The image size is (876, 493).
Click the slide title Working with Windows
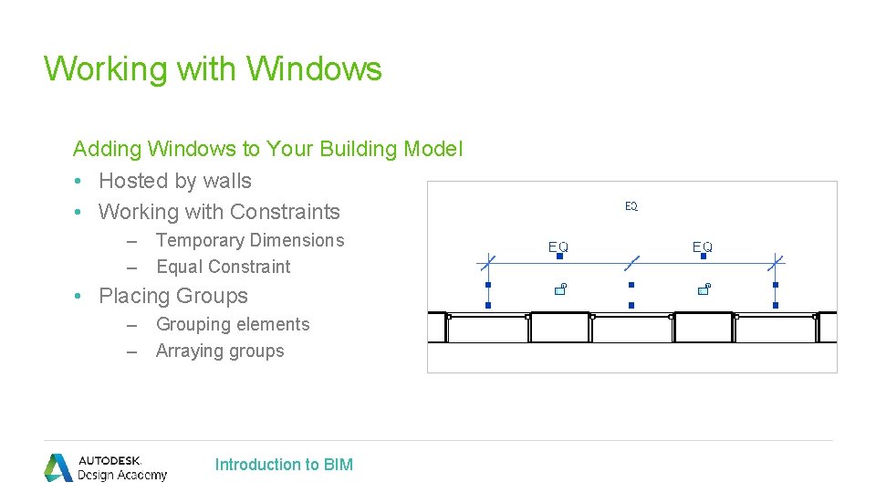[213, 69]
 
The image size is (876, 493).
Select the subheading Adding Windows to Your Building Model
[268, 149]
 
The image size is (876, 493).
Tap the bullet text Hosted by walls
[175, 181]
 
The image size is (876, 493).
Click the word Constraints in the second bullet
[285, 212]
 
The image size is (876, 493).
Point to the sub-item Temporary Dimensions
[250, 240]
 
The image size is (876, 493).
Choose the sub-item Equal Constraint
[224, 267]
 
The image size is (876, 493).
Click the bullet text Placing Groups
[173, 296]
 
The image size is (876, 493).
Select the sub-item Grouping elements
[233, 324]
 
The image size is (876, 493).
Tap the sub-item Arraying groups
[220, 351]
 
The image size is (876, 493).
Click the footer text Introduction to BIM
[284, 465]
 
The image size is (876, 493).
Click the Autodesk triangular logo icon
[58, 467]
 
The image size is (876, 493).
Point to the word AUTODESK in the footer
[109, 460]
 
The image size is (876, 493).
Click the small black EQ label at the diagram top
[631, 206]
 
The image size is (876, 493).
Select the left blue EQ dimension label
[558, 246]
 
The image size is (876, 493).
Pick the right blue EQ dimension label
[703, 246]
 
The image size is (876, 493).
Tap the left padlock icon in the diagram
[560, 289]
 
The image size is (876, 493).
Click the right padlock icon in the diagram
[704, 289]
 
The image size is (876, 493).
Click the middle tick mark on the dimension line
[631, 263]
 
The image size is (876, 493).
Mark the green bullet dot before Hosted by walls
[78, 181]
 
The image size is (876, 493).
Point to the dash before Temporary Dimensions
[131, 242]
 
